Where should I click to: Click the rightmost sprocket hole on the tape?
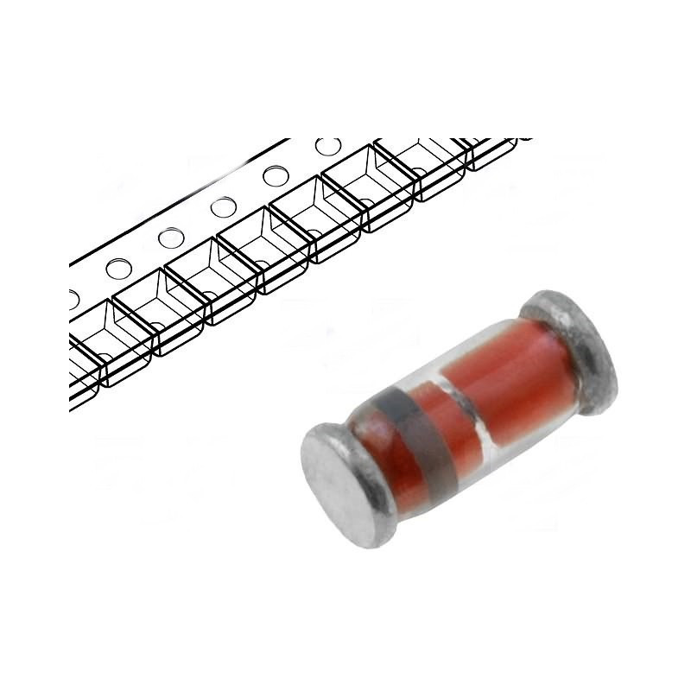pos(327,146)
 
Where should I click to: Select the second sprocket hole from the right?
pos(276,176)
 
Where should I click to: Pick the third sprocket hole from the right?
pos(223,206)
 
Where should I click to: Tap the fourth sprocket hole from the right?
pos(170,238)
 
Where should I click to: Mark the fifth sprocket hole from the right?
pos(118,268)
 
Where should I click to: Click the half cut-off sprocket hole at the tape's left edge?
pos(73,298)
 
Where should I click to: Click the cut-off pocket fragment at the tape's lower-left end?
pos(82,371)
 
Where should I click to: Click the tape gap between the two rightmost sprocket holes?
pos(301,162)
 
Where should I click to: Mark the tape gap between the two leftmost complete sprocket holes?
pos(144,253)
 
